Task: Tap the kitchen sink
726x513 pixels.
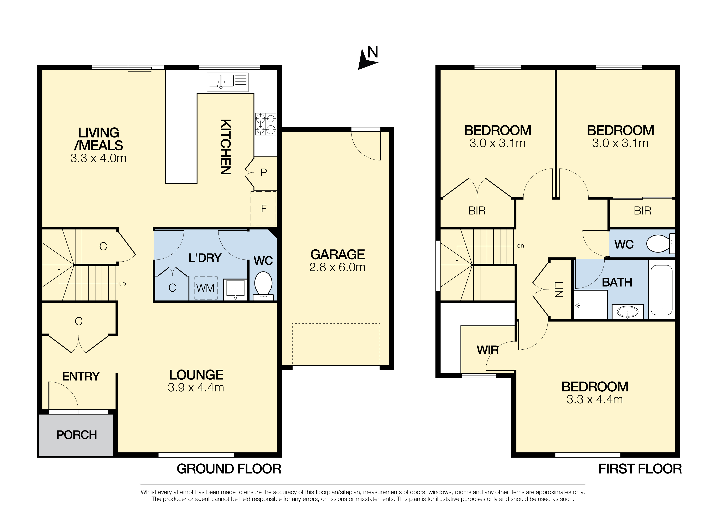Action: click(x=228, y=82)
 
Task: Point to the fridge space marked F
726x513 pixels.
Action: click(x=263, y=209)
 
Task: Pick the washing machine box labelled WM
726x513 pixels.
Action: click(x=206, y=288)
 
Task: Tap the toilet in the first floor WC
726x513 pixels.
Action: click(x=661, y=244)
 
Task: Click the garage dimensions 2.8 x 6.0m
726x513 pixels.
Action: click(x=337, y=267)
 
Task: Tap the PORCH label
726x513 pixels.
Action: click(x=77, y=435)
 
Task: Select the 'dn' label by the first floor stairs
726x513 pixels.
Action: click(x=521, y=246)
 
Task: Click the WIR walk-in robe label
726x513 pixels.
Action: click(x=488, y=350)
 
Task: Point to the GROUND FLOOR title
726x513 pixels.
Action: click(x=229, y=469)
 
